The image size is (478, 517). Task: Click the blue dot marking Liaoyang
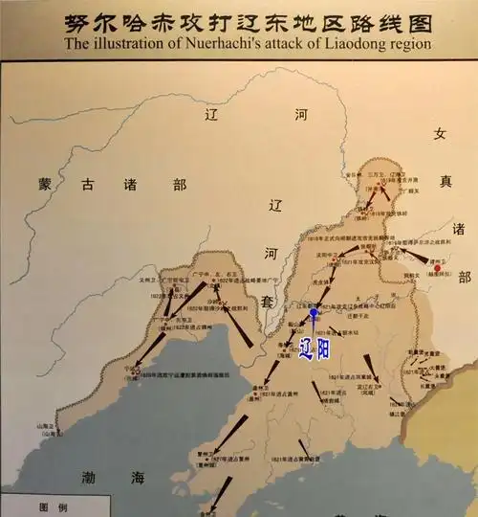pyautogui.click(x=314, y=312)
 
